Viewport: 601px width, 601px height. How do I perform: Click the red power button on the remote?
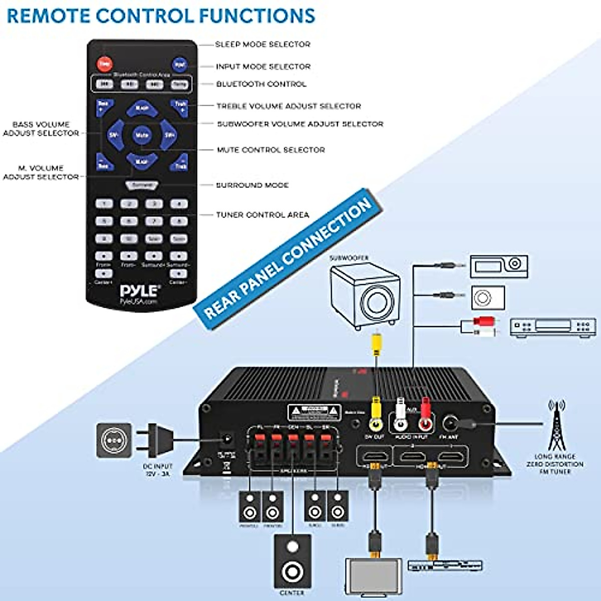(x=104, y=64)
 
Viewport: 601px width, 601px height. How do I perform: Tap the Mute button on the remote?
(x=142, y=135)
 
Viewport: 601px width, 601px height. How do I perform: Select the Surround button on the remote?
(x=141, y=185)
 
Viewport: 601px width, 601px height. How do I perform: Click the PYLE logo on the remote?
(x=140, y=292)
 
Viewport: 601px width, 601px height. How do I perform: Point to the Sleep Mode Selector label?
(x=262, y=45)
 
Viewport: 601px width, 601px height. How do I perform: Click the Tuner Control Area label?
(x=262, y=215)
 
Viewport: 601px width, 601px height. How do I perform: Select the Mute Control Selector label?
(x=270, y=150)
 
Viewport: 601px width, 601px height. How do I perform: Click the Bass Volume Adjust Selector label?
(x=41, y=129)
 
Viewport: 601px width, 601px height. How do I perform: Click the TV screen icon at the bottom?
(x=373, y=576)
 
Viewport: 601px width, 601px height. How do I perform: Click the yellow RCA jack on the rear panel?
(x=375, y=423)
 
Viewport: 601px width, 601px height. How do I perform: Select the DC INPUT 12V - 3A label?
(x=157, y=470)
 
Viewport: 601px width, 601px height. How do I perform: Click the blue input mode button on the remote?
(x=179, y=65)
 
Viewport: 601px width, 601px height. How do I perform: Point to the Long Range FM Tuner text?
(x=555, y=464)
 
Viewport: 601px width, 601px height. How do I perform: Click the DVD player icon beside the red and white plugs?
(x=553, y=327)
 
